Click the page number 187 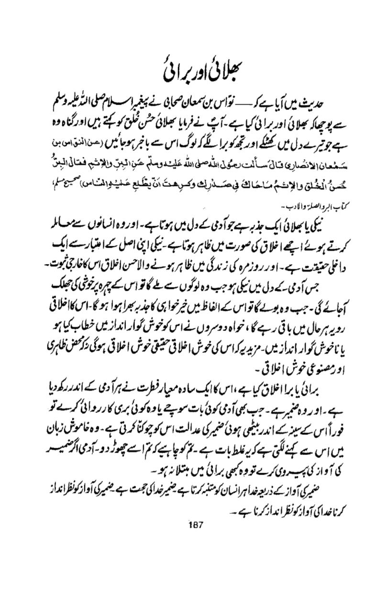tap(197, 523)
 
